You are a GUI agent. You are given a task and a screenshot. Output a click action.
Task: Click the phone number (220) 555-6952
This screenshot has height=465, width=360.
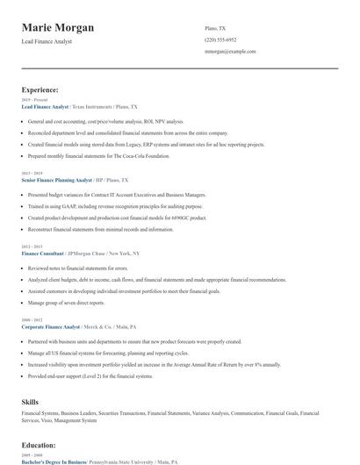click(220, 39)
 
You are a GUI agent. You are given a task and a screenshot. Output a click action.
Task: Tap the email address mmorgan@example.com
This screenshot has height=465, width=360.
click(230, 52)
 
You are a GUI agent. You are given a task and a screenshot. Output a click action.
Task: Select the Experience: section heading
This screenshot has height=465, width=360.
click(40, 89)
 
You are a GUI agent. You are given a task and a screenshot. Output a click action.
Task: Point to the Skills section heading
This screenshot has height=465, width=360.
click(30, 400)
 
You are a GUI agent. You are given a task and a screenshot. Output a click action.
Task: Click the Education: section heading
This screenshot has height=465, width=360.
click(39, 446)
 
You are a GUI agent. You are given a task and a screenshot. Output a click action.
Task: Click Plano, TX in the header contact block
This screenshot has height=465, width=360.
click(214, 28)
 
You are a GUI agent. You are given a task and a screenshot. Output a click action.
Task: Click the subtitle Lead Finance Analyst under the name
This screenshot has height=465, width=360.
click(47, 41)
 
